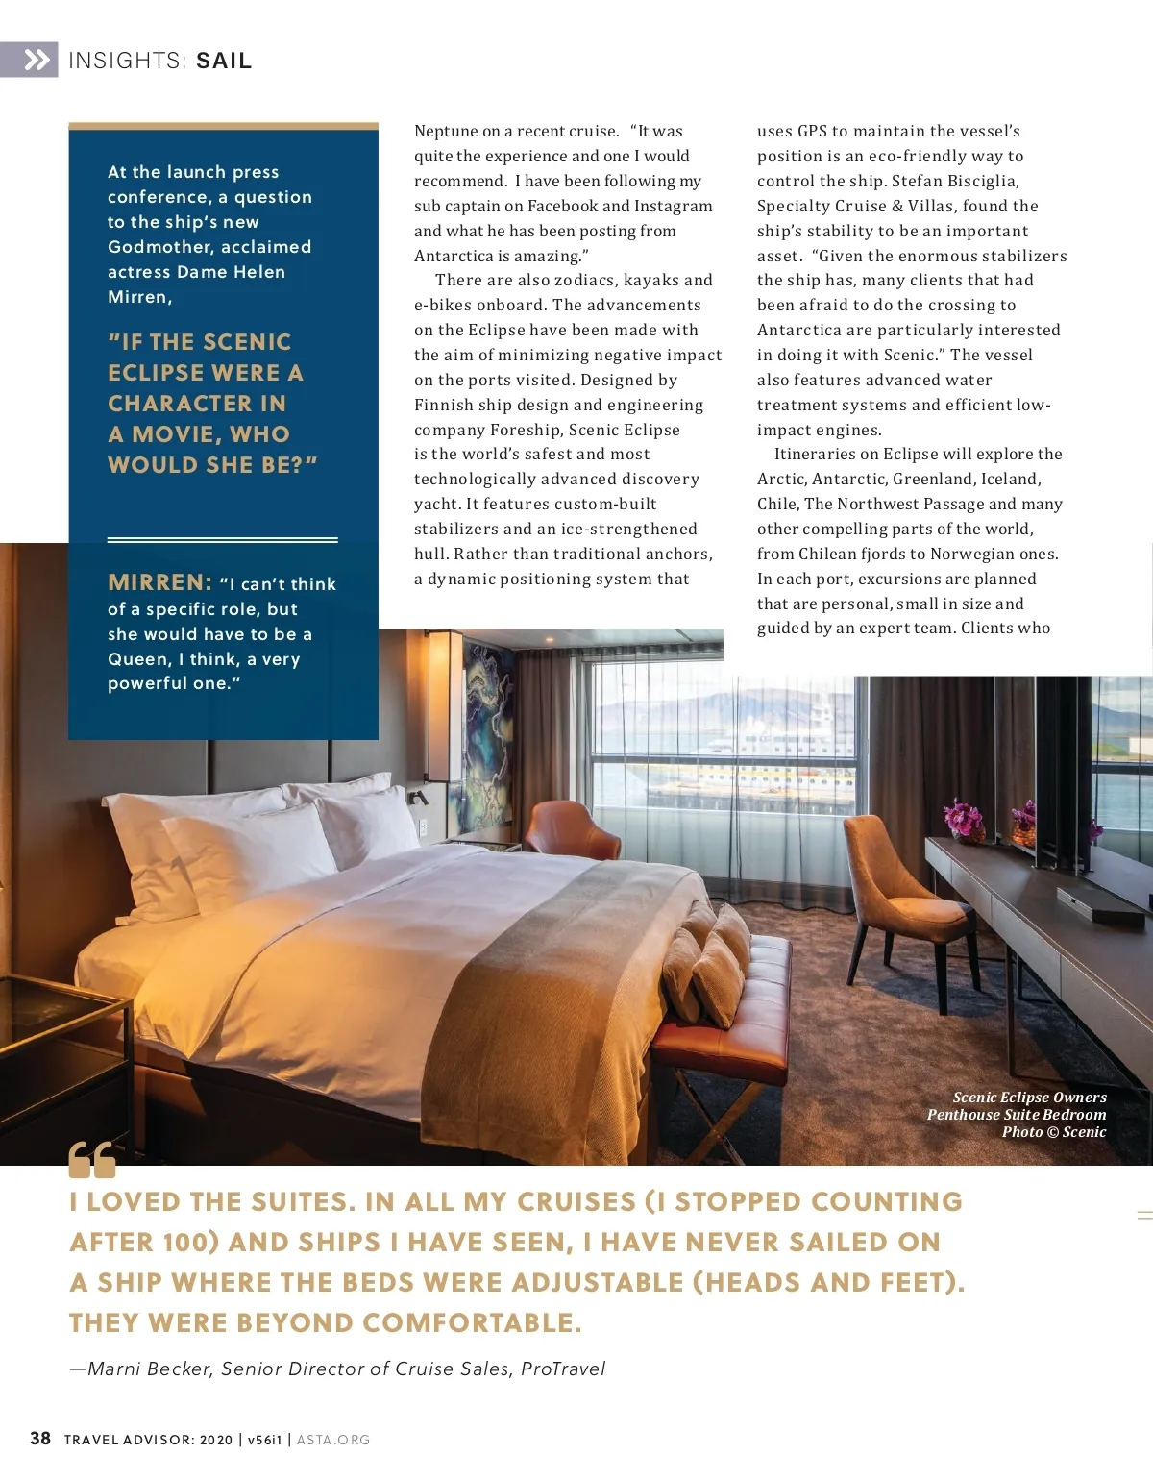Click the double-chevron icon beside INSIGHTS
click(36, 61)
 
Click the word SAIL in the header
click(224, 62)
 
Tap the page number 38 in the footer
click(40, 1439)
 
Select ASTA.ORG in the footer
click(333, 1440)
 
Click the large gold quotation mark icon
click(92, 1160)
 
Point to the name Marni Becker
click(149, 1369)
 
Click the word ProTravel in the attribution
click(563, 1369)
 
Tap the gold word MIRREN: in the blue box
click(159, 582)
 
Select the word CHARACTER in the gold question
click(197, 404)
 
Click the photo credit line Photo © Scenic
click(1053, 1132)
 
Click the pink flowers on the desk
click(961, 819)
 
